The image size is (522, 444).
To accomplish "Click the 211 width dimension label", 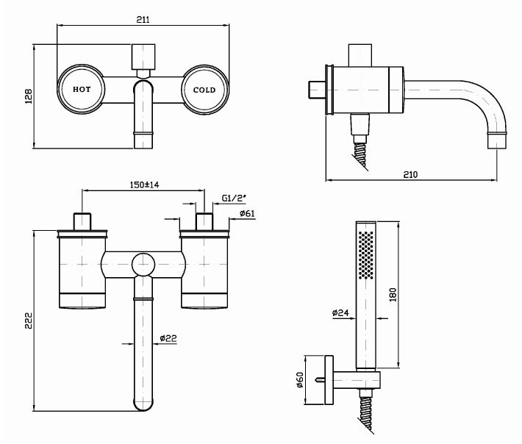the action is pyautogui.click(x=143, y=19).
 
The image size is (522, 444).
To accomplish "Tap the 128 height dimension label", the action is pyautogui.click(x=29, y=96).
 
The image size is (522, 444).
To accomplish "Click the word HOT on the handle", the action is pyautogui.click(x=82, y=89).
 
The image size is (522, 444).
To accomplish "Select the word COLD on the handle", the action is pyautogui.click(x=204, y=90).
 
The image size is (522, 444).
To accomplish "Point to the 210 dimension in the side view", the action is pyautogui.click(x=410, y=174).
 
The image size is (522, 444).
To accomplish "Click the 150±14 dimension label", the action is pyautogui.click(x=145, y=185).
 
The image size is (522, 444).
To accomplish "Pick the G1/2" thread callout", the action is pyautogui.click(x=234, y=198).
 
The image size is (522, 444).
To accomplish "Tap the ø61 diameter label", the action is pyautogui.click(x=247, y=213).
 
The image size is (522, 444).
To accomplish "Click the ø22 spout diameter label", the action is pyautogui.click(x=168, y=338).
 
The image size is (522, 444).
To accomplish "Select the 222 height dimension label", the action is pyautogui.click(x=29, y=321).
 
